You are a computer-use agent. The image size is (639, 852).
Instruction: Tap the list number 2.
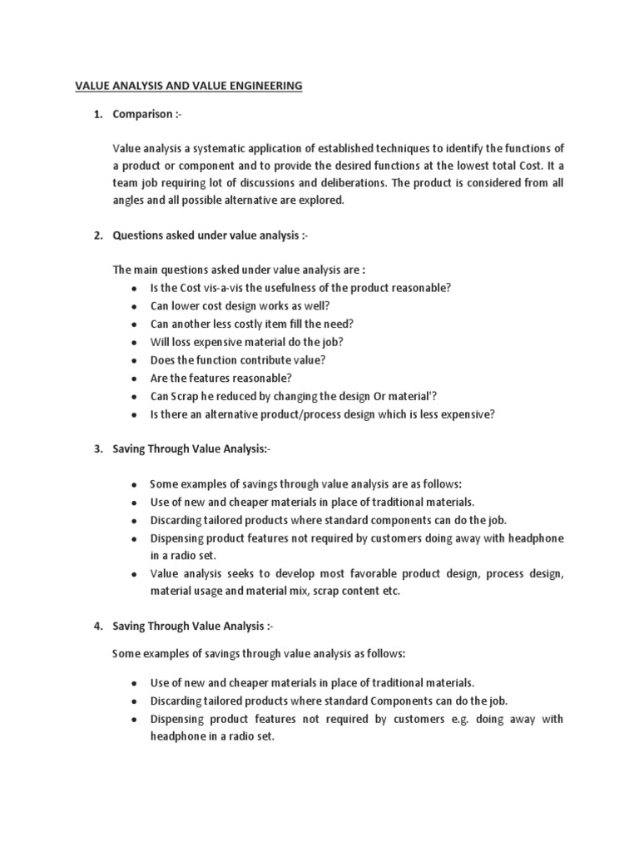point(97,236)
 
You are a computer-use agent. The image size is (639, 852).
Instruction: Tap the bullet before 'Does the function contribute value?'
point(134,360)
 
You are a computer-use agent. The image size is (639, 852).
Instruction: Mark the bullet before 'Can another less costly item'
point(134,324)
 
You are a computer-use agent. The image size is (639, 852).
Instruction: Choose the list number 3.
point(97,449)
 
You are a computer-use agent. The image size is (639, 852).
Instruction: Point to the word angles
point(131,201)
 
